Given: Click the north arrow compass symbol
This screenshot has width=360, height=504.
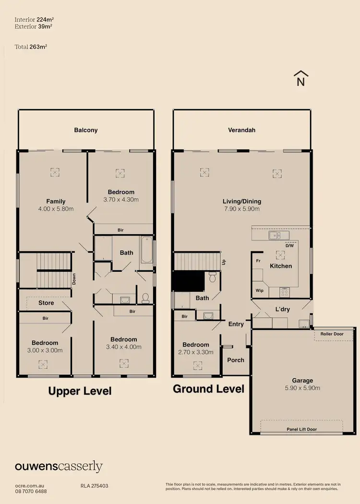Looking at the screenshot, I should (301, 78).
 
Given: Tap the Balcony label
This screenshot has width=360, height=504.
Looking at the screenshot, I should (86, 130).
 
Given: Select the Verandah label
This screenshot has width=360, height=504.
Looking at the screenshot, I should (241, 130).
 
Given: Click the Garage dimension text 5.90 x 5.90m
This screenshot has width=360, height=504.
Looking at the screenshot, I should (302, 388).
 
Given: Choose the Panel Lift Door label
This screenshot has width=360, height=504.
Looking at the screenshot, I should (301, 429).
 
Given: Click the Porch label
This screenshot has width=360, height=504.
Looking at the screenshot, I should (236, 360).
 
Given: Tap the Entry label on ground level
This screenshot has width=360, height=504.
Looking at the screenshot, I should (236, 324).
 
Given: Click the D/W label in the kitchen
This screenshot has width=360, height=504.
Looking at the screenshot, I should (289, 245).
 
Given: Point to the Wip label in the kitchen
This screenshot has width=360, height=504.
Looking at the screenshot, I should (260, 291).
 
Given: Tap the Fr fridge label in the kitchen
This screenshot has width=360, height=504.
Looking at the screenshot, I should (258, 261).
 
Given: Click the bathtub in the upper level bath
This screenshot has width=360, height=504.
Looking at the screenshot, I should (146, 250).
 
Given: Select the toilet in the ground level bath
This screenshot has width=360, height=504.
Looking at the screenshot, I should (212, 277).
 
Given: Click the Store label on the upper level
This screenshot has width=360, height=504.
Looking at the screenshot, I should (46, 303).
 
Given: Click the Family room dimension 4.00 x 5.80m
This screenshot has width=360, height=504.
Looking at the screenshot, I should (56, 209).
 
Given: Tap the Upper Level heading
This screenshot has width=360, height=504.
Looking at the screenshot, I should (80, 391).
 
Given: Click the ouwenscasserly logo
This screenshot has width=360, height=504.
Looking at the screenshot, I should (59, 467).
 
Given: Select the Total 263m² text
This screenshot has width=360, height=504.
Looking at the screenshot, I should (31, 47).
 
